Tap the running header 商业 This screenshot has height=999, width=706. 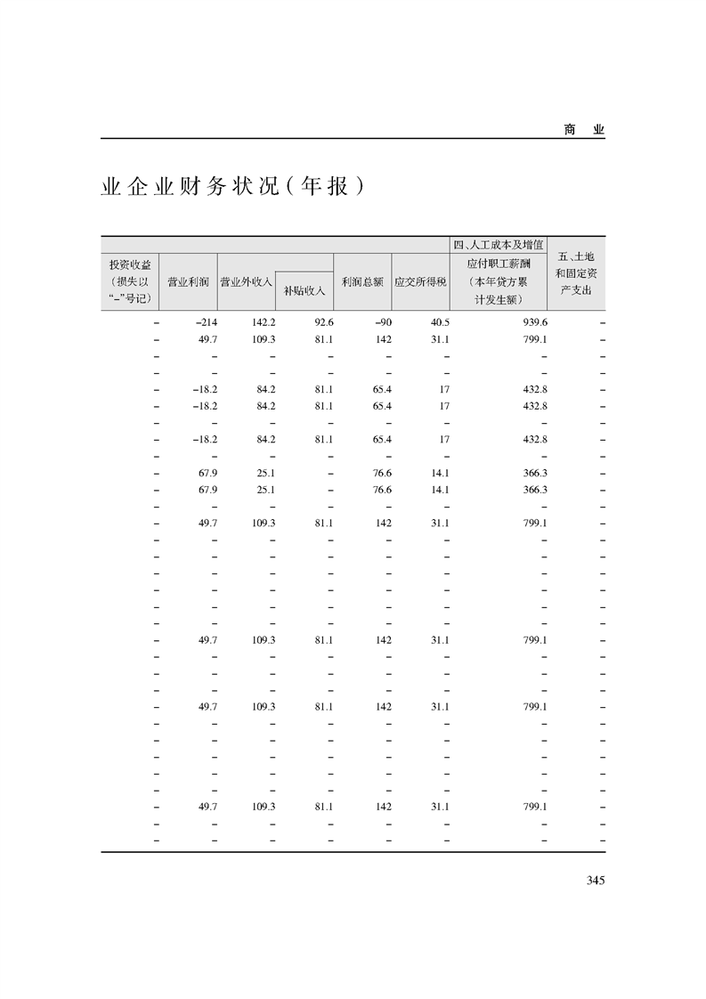point(584,129)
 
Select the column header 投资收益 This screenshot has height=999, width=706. point(130,265)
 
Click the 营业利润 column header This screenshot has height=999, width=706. point(188,282)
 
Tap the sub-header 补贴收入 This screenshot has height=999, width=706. point(304,289)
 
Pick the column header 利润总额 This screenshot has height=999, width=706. point(362,282)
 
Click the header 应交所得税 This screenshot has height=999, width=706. point(420,282)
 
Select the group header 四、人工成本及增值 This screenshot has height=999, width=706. point(499,245)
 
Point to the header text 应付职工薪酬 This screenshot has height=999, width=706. point(499,264)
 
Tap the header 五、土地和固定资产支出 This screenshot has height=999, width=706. point(576,273)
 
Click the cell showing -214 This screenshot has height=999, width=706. point(206,322)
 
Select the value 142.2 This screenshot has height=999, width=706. point(264,322)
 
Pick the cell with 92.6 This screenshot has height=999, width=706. point(322,322)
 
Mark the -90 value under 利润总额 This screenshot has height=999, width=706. point(382,322)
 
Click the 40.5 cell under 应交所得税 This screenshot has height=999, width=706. point(439,322)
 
